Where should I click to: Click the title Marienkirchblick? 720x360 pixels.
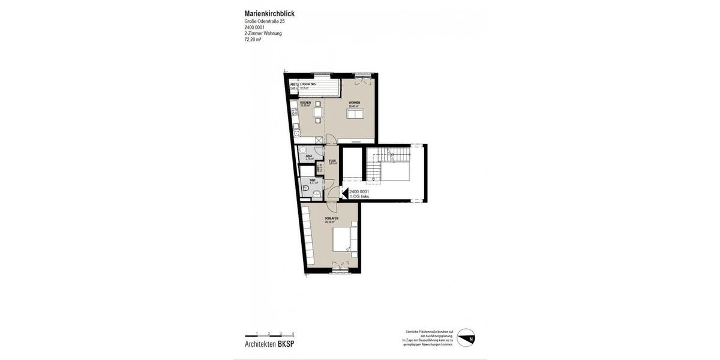(x=269, y=13)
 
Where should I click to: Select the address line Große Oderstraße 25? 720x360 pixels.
(x=265, y=22)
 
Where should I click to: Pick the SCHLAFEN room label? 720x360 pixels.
(x=331, y=218)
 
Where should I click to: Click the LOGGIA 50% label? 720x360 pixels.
(x=308, y=85)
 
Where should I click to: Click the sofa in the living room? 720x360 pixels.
(x=356, y=116)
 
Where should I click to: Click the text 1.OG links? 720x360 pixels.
(x=360, y=196)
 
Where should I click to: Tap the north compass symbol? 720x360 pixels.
(x=466, y=338)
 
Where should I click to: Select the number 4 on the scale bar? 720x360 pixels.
(x=293, y=333)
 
